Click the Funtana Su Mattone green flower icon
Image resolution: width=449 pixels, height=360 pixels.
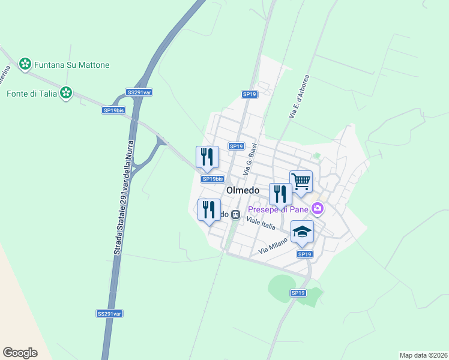click(x=25, y=64)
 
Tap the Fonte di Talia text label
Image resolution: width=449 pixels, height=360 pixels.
click(x=31, y=93)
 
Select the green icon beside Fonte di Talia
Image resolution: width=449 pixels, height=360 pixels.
click(x=66, y=93)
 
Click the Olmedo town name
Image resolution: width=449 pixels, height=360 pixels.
click(x=243, y=190)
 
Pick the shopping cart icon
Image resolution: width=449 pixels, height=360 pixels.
click(x=301, y=181)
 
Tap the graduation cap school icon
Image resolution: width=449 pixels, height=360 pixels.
click(x=302, y=231)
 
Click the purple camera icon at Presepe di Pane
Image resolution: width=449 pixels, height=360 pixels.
click(x=318, y=209)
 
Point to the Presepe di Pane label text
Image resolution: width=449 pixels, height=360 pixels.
click(x=279, y=209)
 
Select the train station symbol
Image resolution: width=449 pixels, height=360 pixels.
click(x=237, y=214)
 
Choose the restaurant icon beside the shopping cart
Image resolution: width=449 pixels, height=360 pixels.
click(x=280, y=194)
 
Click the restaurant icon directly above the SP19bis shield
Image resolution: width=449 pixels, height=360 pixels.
click(x=207, y=157)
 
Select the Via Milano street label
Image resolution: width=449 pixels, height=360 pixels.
click(x=273, y=245)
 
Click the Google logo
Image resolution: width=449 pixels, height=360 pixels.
click(x=20, y=353)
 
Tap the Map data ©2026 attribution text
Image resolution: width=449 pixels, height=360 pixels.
click(x=423, y=355)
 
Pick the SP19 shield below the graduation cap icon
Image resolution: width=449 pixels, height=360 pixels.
click(x=304, y=254)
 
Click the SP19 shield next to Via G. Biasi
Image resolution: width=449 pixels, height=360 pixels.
click(x=236, y=146)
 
